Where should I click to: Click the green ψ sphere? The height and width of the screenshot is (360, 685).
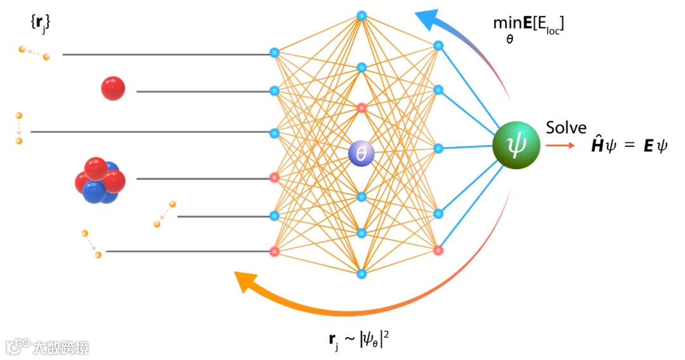coord(516,146)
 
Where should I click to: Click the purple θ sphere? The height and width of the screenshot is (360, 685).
coord(362,153)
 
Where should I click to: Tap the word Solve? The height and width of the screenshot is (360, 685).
coord(566,127)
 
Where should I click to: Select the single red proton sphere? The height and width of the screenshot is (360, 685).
coord(113,88)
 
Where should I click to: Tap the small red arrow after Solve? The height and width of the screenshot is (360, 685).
coord(561,146)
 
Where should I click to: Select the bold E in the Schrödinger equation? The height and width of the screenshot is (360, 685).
coord(648,147)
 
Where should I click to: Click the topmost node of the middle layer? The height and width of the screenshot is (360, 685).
coord(362,15)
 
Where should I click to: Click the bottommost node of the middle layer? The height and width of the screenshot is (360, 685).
coord(362,274)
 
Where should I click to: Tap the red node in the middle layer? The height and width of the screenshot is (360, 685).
coord(362,108)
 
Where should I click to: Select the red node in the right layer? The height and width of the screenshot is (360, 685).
coord(438,250)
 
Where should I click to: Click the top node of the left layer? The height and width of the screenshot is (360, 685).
coord(274,53)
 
